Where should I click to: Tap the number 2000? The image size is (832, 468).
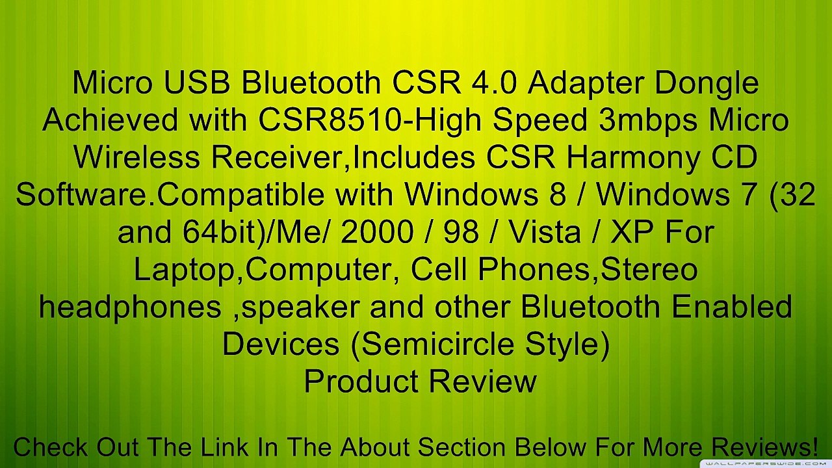pyautogui.click(x=376, y=232)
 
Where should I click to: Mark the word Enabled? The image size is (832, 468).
pyautogui.click(x=732, y=307)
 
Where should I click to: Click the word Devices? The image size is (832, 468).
pyautogui.click(x=280, y=344)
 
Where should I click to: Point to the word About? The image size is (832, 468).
pyautogui.click(x=378, y=447)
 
